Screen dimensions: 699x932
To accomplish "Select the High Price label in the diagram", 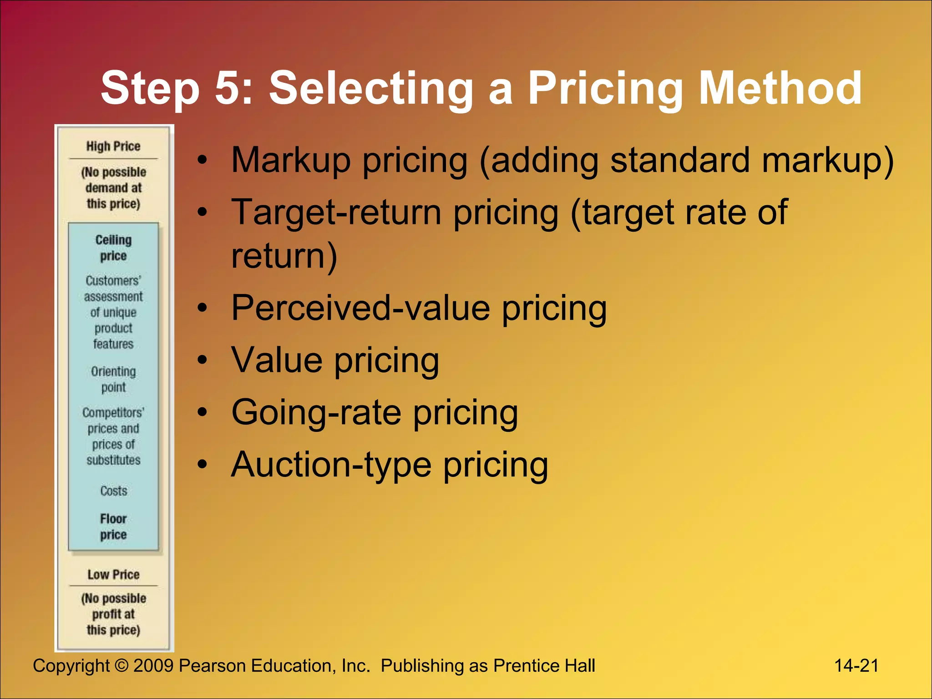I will click(113, 146).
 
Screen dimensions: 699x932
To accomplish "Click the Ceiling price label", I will click(113, 248).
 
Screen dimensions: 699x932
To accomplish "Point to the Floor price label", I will click(113, 527).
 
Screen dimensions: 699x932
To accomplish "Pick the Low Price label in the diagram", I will click(113, 574).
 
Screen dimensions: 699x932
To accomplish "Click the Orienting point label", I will click(113, 379).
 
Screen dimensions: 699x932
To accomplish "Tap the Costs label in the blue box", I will click(114, 491).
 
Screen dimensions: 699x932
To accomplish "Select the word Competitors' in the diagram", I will click(113, 412).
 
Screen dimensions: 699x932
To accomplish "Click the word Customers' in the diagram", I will click(113, 280).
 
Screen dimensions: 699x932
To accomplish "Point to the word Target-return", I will click(336, 213).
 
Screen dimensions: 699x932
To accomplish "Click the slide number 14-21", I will click(856, 665).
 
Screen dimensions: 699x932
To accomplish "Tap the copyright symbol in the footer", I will click(122, 666).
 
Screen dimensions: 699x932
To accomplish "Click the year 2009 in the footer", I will click(153, 666).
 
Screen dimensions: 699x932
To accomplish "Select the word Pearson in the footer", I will click(212, 666).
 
